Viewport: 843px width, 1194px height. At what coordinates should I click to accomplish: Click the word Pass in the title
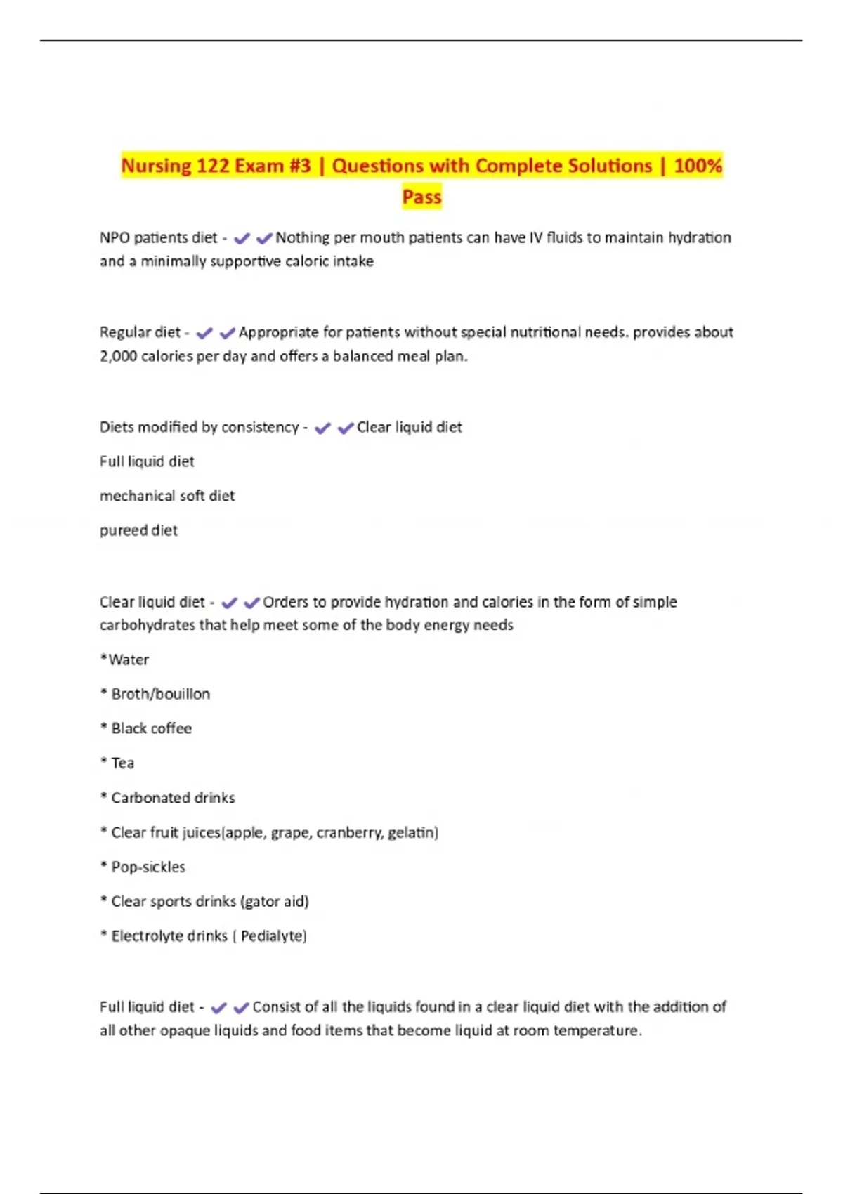point(421,197)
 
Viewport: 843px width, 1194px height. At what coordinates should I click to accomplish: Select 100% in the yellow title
point(698,166)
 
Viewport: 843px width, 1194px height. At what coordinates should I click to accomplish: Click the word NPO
point(115,238)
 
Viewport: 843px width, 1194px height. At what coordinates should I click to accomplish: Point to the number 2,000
point(118,357)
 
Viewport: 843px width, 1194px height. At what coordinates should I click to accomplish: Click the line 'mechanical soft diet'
point(167,496)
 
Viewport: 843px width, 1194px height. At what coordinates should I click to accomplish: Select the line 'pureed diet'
point(138,530)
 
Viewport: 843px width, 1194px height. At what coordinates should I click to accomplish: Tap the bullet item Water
point(128,660)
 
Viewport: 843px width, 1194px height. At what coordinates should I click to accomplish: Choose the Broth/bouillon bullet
point(160,694)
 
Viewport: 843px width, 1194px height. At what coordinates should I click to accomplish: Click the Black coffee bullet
point(151,728)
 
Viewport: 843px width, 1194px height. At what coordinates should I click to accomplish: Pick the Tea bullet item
point(122,763)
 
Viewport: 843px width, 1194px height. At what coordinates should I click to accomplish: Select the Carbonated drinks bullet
point(173,798)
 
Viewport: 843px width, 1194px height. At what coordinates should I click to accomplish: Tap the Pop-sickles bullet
point(148,867)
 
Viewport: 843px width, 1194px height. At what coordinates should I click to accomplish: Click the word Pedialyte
point(273,936)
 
